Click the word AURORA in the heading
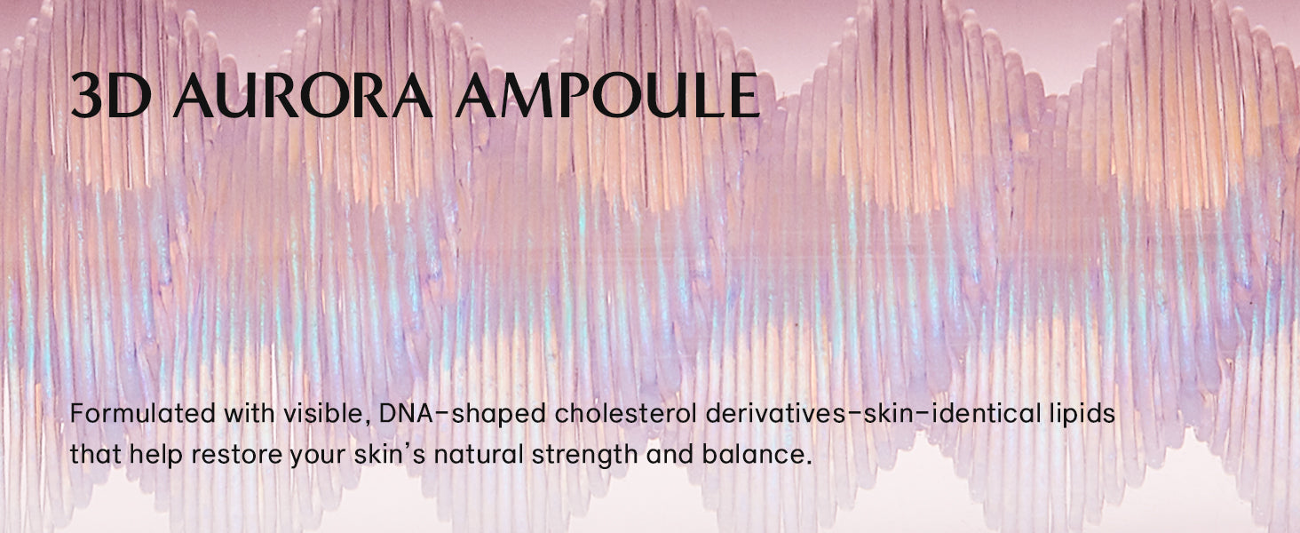tap(304, 95)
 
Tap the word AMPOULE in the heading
tap(607, 95)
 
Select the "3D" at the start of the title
tap(111, 95)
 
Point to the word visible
tap(326, 413)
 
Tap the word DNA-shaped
tap(463, 415)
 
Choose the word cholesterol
tap(626, 413)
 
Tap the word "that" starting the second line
tap(96, 453)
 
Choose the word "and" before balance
tap(670, 453)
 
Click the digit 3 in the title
tap(86, 95)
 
